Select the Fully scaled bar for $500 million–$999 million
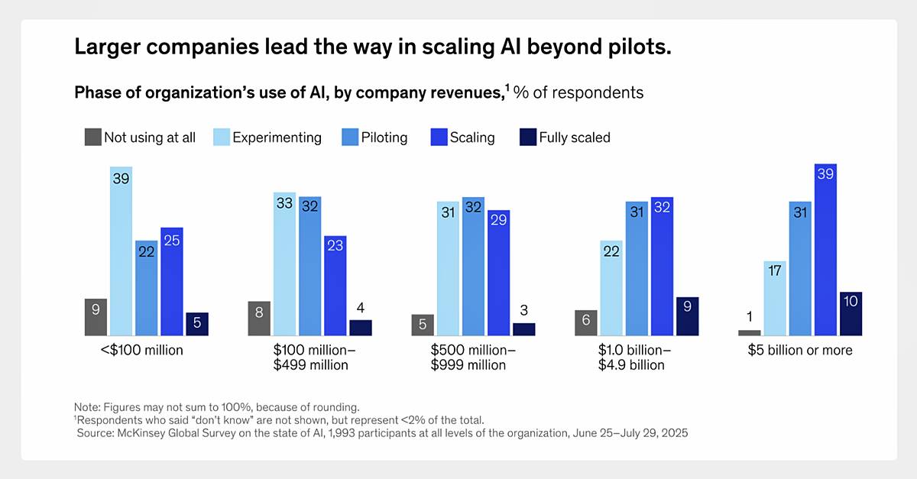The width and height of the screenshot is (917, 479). point(524,329)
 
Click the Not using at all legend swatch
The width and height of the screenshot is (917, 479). point(92,138)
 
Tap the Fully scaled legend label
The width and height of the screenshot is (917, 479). point(575,138)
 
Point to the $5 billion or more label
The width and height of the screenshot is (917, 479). point(800,351)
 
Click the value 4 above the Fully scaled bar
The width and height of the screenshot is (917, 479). point(361,309)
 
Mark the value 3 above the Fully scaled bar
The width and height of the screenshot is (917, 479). point(524,311)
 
